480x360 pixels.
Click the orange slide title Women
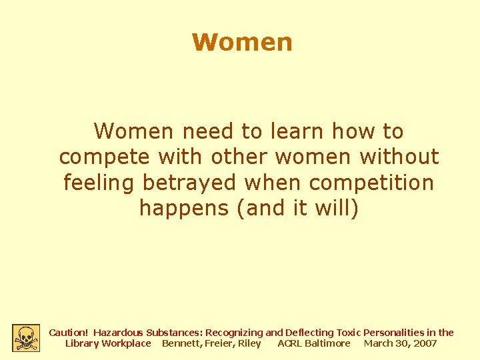pyautogui.click(x=242, y=42)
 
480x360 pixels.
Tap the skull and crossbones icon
pyautogui.click(x=26, y=338)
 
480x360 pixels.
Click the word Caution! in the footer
pyautogui.click(x=69, y=332)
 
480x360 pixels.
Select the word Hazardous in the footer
pyautogui.click(x=119, y=332)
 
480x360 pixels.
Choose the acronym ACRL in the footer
pyautogui.click(x=289, y=343)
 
